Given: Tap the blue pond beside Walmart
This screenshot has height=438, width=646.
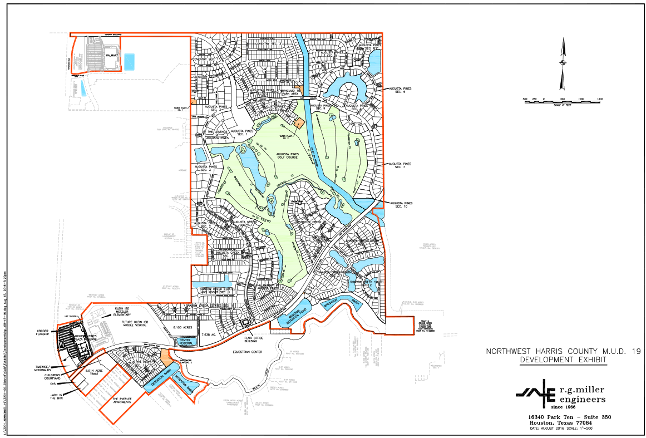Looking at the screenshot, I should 130,61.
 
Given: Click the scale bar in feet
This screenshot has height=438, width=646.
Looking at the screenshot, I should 562,101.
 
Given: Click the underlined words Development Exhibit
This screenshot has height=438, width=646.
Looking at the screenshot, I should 563,360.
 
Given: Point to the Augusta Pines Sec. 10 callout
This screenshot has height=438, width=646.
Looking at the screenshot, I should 401,205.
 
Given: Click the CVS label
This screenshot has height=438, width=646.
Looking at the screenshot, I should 53,384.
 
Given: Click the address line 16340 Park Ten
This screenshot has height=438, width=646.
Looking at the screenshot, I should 563,416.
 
